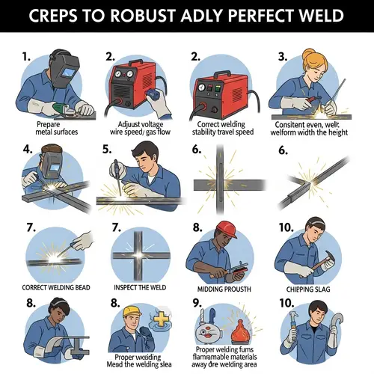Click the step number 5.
point(107,149)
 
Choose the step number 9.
point(197,304)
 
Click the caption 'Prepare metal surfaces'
point(55,128)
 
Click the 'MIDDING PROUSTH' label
point(221,289)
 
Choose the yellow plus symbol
point(159,322)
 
